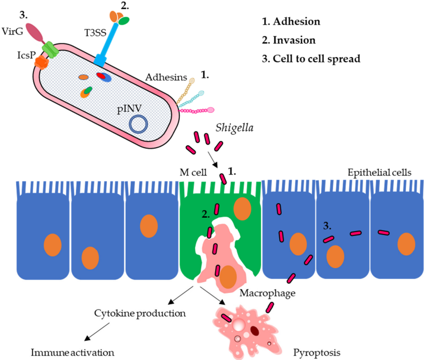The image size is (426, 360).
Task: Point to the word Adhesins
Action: pyautogui.click(x=163, y=77)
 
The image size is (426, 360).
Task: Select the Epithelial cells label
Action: pyautogui.click(x=380, y=172)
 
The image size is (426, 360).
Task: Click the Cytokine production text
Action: pyautogui.click(x=140, y=313)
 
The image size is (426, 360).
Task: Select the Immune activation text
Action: pyautogui.click(x=73, y=351)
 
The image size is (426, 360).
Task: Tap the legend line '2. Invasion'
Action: pyautogui.click(x=288, y=40)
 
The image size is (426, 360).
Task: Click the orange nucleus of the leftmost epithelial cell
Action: pyautogui.click(x=52, y=246)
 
